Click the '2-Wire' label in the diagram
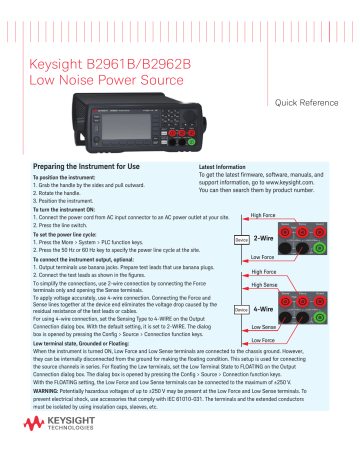click(264, 239)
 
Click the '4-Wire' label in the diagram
click(264, 309)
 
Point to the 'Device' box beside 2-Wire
click(240, 240)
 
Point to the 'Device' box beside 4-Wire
click(240, 310)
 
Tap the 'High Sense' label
click(265, 285)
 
